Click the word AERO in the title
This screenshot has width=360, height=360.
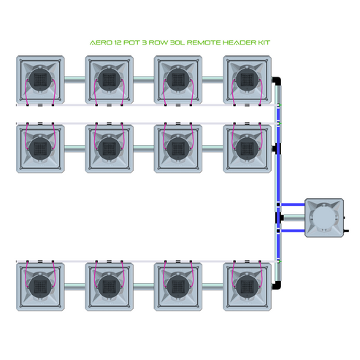[98, 44]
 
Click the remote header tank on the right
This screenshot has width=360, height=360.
[323, 217]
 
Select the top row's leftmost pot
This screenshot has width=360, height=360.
[40, 79]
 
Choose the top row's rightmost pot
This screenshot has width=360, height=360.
[246, 79]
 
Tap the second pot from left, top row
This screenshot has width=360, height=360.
[109, 79]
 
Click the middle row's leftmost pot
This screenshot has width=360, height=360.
[40, 148]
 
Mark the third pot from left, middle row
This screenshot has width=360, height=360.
[177, 148]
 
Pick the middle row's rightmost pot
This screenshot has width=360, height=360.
[246, 148]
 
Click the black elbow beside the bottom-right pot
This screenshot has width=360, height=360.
[277, 286]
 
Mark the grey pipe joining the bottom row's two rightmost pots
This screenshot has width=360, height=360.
[212, 286]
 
